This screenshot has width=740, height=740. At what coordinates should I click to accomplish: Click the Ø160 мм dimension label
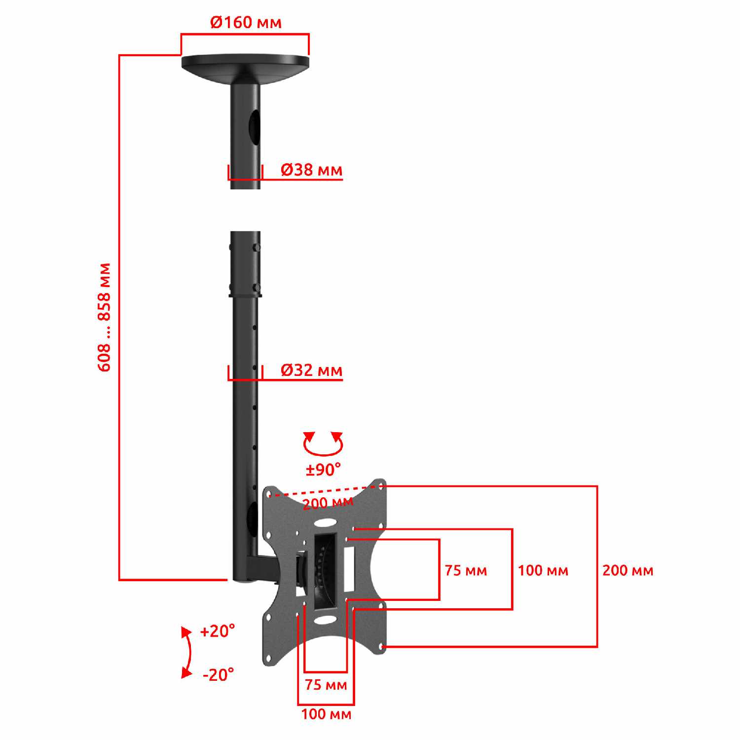[x=246, y=22]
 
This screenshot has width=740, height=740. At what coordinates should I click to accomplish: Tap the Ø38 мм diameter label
[x=311, y=170]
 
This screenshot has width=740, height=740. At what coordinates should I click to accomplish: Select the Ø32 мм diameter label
[x=311, y=370]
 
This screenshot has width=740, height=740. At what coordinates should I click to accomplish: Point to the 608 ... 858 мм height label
[x=105, y=317]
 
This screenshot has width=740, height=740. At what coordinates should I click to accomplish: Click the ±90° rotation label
[x=323, y=470]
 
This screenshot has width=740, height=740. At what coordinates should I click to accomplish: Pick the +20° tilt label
[x=218, y=631]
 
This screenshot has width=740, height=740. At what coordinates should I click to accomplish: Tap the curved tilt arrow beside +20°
[x=189, y=652]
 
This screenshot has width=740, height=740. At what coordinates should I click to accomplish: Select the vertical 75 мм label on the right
[x=466, y=570]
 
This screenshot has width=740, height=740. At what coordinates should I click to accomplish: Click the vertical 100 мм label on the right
[x=543, y=570]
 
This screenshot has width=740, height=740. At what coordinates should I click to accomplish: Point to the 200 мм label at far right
[x=628, y=570]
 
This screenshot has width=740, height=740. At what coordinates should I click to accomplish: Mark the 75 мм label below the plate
[x=326, y=685]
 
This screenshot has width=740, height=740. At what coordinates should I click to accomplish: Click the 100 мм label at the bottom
[x=326, y=714]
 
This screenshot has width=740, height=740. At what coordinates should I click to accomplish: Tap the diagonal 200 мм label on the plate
[x=328, y=503]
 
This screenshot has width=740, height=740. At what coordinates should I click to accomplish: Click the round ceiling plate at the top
[x=245, y=67]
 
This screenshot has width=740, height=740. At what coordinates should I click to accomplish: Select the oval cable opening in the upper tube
[x=253, y=125]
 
